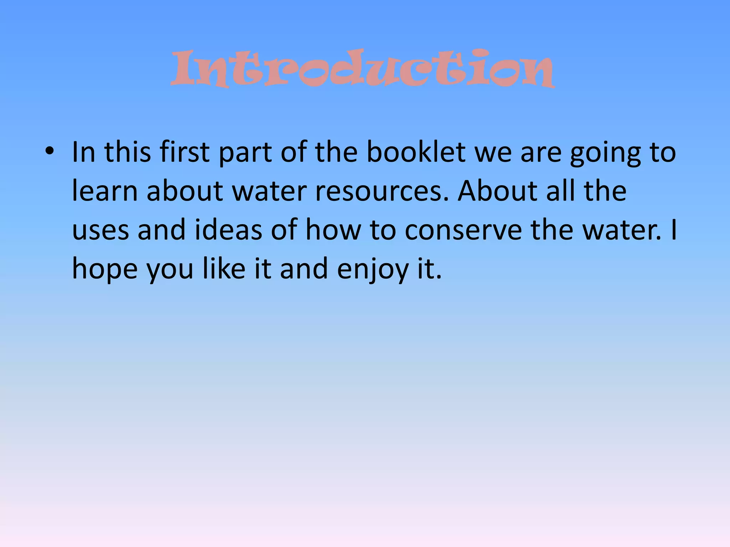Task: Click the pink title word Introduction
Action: (x=363, y=68)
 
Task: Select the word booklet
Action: (x=416, y=152)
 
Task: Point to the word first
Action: (x=184, y=152)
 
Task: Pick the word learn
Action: (x=105, y=191)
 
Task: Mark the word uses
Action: (x=101, y=230)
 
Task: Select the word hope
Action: (x=105, y=269)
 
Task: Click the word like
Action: (x=224, y=269)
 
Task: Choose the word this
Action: (x=128, y=152)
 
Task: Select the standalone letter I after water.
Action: (x=673, y=230)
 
